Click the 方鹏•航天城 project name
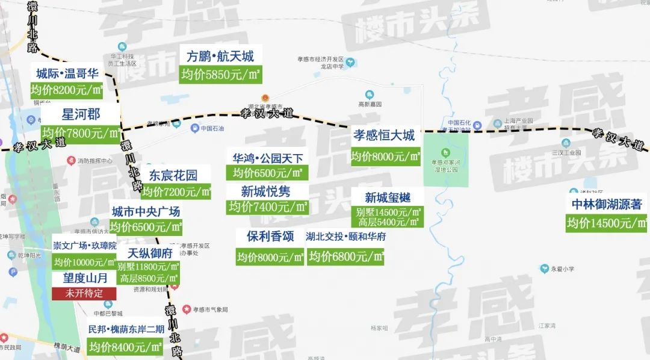[220, 57]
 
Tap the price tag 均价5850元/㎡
[220, 75]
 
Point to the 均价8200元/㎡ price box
[67, 91]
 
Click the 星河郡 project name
[81, 114]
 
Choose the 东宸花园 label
[173, 176]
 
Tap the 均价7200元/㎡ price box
[176, 192]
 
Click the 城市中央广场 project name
[146, 212]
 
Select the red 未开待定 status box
[84, 294]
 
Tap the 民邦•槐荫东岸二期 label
[126, 329]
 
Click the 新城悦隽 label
[265, 192]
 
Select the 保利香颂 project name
[270, 236]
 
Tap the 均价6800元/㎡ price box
[346, 257]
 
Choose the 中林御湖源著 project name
[607, 205]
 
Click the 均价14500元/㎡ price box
[607, 223]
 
